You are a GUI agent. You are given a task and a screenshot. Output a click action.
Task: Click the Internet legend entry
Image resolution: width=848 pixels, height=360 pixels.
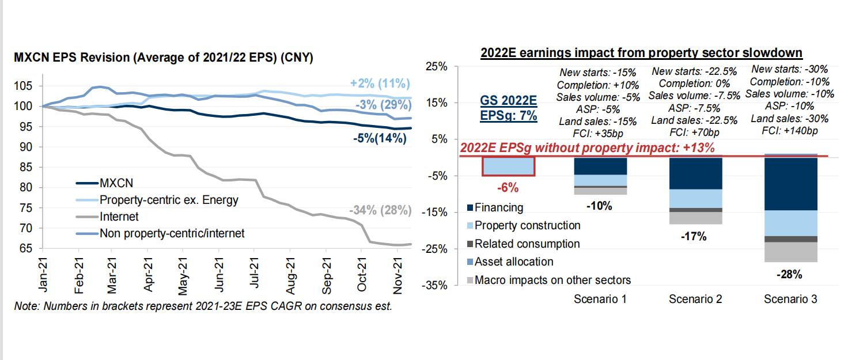120,217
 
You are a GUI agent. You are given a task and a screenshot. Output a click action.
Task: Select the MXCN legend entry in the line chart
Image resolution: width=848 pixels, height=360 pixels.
116,184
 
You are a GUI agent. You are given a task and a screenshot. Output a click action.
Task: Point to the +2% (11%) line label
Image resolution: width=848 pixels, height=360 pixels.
380,84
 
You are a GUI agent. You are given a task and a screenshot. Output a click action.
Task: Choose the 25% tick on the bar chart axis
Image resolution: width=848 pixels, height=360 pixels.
436,67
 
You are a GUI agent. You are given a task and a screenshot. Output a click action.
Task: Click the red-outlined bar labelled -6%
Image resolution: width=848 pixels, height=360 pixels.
509,166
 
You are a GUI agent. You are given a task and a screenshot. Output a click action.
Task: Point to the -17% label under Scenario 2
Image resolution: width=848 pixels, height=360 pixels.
695,237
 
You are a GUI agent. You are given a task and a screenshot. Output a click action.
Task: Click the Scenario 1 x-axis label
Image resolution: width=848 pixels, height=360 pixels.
600,299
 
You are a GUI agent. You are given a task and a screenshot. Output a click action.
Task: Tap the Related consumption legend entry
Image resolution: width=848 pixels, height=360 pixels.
527,244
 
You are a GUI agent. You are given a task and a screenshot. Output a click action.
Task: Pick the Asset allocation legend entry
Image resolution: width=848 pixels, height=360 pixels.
514,262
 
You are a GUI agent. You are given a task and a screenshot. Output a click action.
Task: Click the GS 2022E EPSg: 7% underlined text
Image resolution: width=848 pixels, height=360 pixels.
509,108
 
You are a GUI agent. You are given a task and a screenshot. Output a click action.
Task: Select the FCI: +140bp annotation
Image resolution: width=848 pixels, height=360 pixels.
789,131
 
